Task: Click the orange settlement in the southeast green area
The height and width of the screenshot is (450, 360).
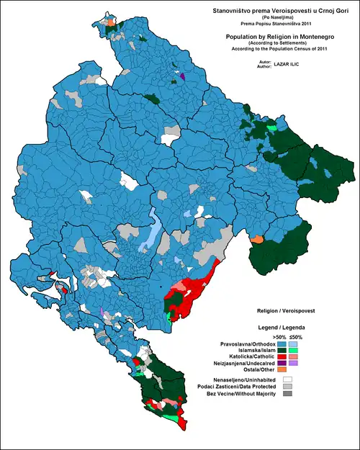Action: pos(258,239)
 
